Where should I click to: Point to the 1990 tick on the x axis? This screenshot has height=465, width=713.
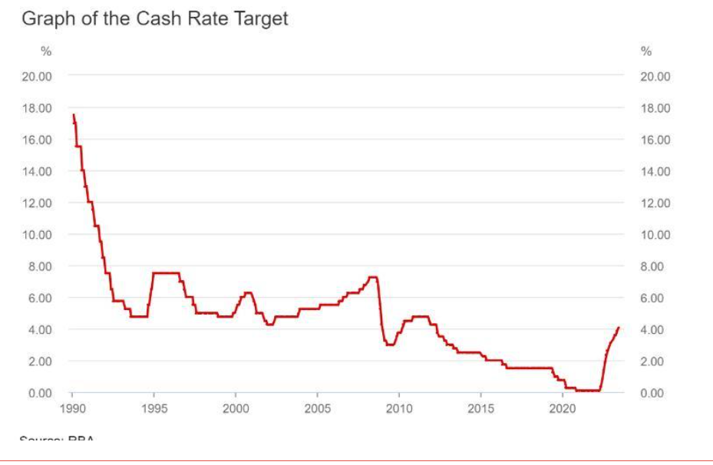pyautogui.click(x=72, y=408)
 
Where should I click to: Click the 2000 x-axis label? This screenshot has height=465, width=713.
pyautogui.click(x=236, y=408)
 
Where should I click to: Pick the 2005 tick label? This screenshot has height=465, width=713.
pyautogui.click(x=317, y=408)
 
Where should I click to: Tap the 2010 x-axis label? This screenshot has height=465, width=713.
pyautogui.click(x=399, y=408)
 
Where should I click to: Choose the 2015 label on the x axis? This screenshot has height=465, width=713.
pyautogui.click(x=480, y=408)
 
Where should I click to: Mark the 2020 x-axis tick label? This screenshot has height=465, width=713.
pyautogui.click(x=563, y=408)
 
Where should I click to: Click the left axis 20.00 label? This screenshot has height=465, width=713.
pyautogui.click(x=37, y=76)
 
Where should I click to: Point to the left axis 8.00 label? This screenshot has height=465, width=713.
pyautogui.click(x=40, y=266)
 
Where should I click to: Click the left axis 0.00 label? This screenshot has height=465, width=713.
pyautogui.click(x=40, y=393)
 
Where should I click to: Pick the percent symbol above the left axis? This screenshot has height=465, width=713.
pyautogui.click(x=46, y=52)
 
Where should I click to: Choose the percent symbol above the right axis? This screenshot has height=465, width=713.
pyautogui.click(x=645, y=52)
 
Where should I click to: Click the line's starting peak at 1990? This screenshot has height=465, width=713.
pyautogui.click(x=74, y=115)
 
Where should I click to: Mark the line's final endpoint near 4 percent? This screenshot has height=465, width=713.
pyautogui.click(x=618, y=328)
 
